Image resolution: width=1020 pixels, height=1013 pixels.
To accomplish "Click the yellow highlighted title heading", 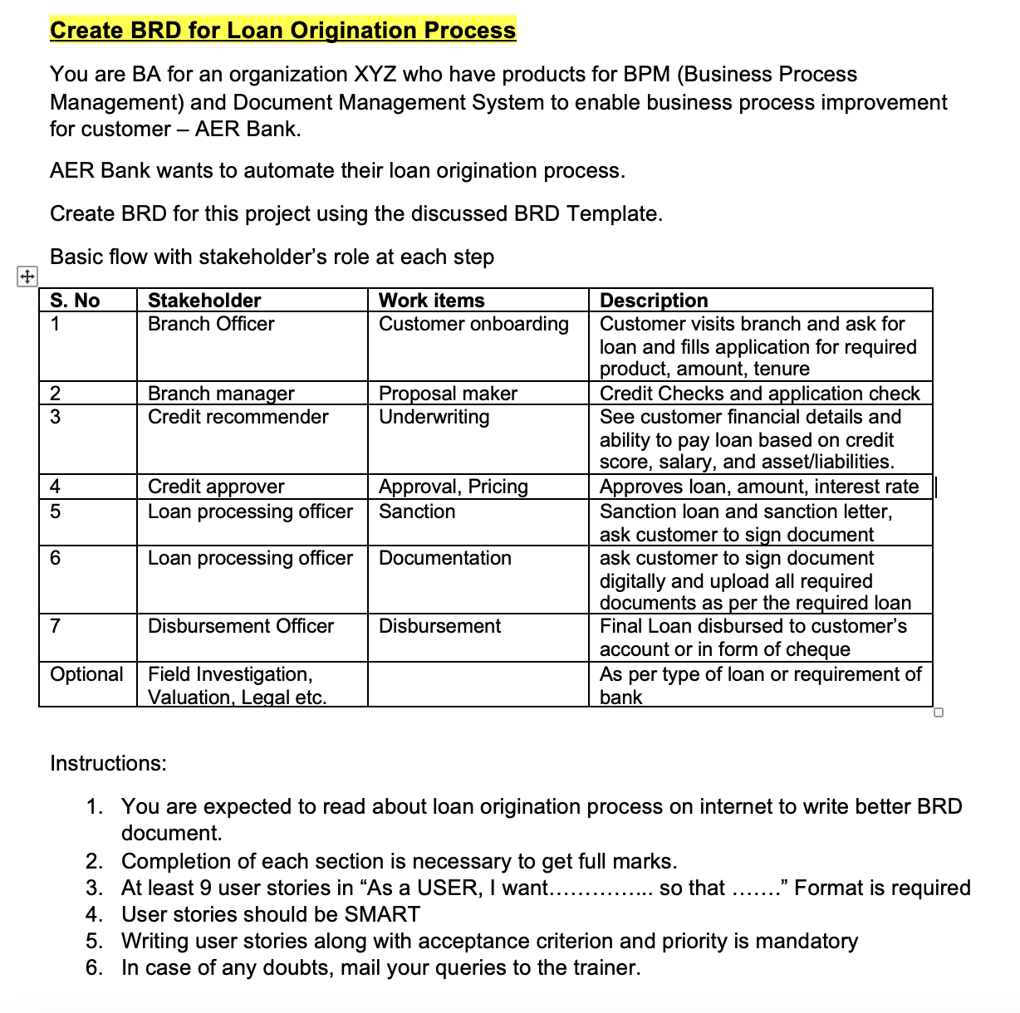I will click(282, 30).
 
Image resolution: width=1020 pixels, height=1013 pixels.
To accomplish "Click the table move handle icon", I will click(27, 276).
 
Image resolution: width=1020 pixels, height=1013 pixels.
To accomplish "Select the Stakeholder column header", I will click(204, 301).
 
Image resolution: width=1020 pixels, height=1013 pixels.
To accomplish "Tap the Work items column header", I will click(431, 301).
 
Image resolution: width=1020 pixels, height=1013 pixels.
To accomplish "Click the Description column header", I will click(654, 301).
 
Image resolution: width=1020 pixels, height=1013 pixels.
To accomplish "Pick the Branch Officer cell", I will click(211, 324).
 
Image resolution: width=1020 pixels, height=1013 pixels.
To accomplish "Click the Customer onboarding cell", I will click(473, 324).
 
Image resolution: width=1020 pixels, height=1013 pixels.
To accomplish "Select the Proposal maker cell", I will click(448, 394).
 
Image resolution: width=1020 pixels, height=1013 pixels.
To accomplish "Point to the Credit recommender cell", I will click(238, 417).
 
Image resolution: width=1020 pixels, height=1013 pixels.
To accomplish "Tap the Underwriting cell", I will click(434, 417).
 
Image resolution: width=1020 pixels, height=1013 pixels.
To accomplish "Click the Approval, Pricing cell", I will click(453, 487).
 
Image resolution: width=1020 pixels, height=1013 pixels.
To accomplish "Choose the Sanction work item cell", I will click(417, 511).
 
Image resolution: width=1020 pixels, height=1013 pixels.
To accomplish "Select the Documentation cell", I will click(444, 558).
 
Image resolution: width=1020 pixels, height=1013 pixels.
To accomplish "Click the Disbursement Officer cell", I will click(241, 626).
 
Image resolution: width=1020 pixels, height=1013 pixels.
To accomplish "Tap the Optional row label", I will click(86, 674).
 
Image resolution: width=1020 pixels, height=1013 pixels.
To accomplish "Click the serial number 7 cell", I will click(56, 626).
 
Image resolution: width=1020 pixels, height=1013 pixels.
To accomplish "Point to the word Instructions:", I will click(108, 763).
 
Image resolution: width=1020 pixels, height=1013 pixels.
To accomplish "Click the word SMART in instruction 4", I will click(382, 915).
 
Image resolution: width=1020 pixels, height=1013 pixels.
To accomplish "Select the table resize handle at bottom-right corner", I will click(939, 712).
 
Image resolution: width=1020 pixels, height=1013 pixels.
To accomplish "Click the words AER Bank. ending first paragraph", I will click(248, 130).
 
